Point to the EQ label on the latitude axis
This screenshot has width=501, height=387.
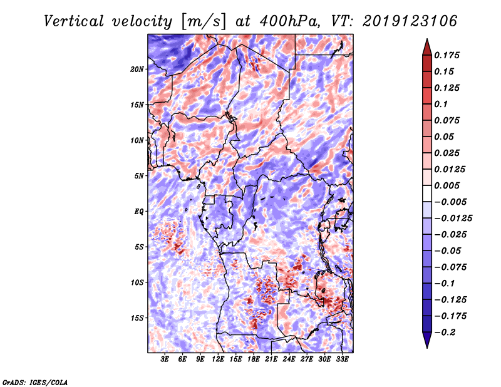[x=139, y=212]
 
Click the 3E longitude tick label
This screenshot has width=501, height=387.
[x=165, y=359]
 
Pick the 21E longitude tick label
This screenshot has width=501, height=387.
[x=271, y=359]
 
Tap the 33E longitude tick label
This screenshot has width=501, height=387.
[x=342, y=359]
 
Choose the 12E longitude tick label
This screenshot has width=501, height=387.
[x=218, y=359]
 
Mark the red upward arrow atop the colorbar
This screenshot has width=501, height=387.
[x=426, y=47]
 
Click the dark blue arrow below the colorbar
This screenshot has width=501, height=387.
[x=426, y=340]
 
